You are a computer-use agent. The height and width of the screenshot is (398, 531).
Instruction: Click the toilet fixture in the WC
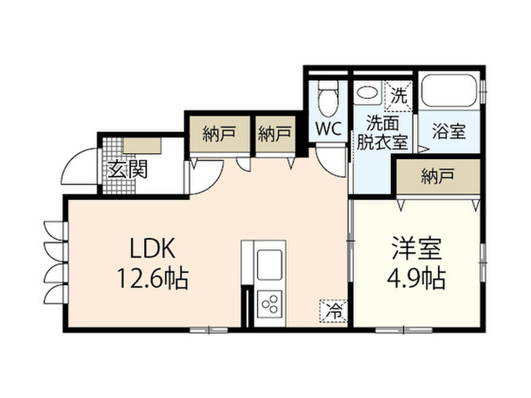click(x=328, y=98)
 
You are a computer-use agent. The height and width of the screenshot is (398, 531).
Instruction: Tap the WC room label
click(x=328, y=129)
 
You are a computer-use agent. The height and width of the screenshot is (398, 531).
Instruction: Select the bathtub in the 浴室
click(x=449, y=91)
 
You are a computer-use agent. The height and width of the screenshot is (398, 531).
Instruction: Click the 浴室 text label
click(x=449, y=131)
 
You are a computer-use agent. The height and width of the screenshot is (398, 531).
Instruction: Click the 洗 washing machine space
click(x=399, y=96)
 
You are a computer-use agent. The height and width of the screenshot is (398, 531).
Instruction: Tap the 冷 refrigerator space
click(x=334, y=311)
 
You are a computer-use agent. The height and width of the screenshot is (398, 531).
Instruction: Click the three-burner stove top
click(x=270, y=304)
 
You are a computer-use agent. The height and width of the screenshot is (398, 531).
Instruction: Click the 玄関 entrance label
click(x=128, y=169)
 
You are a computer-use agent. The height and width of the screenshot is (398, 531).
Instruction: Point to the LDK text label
click(x=153, y=248)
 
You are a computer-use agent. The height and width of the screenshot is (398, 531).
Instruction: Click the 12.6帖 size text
click(x=153, y=278)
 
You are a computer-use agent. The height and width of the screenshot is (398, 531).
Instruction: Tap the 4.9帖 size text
click(x=416, y=278)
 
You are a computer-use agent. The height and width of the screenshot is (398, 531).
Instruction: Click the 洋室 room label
click(x=417, y=249)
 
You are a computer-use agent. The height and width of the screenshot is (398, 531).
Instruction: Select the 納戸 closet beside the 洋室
click(x=438, y=176)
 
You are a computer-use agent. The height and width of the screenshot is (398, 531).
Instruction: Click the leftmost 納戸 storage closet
click(x=219, y=134)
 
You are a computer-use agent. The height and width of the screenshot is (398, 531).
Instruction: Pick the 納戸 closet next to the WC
click(x=275, y=134)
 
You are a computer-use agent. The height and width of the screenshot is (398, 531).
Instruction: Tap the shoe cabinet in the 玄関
click(x=142, y=146)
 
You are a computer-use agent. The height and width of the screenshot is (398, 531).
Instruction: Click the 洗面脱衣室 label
click(x=382, y=133)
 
